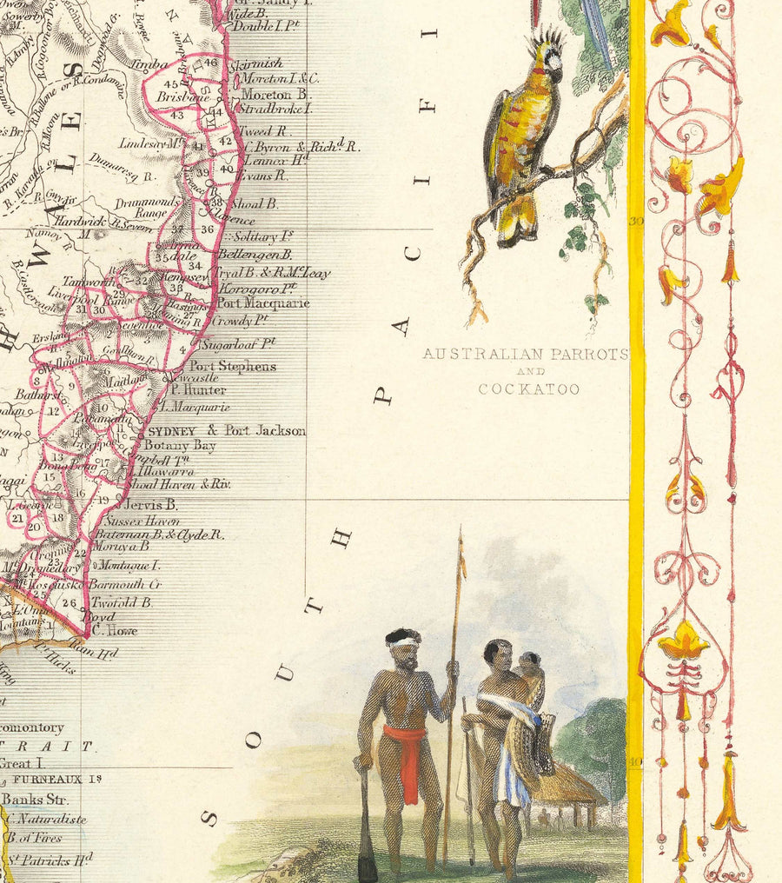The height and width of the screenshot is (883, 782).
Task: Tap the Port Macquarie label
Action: click(x=262, y=303)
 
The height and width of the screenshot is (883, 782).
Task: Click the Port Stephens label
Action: click(x=232, y=366)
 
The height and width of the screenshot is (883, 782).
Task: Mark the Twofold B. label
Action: click(x=123, y=601)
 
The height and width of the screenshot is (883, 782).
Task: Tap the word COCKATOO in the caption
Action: click(x=529, y=389)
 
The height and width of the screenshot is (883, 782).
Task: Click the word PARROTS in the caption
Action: click(x=587, y=355)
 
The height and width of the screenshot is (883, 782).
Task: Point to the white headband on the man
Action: click(x=404, y=642)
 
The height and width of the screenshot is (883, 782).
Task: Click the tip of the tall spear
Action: click(x=460, y=534)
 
